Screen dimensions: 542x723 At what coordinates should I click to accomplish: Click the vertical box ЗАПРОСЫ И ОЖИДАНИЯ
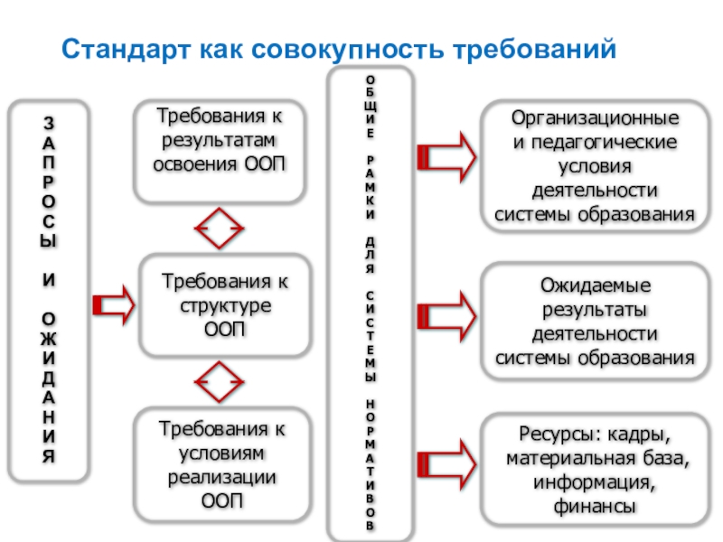coord(50,289)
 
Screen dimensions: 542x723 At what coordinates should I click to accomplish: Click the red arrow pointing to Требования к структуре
coord(113,304)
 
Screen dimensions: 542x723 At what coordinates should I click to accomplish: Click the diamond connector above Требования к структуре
coord(221,230)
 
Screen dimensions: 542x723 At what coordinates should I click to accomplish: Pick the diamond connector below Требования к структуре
coord(221,385)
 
